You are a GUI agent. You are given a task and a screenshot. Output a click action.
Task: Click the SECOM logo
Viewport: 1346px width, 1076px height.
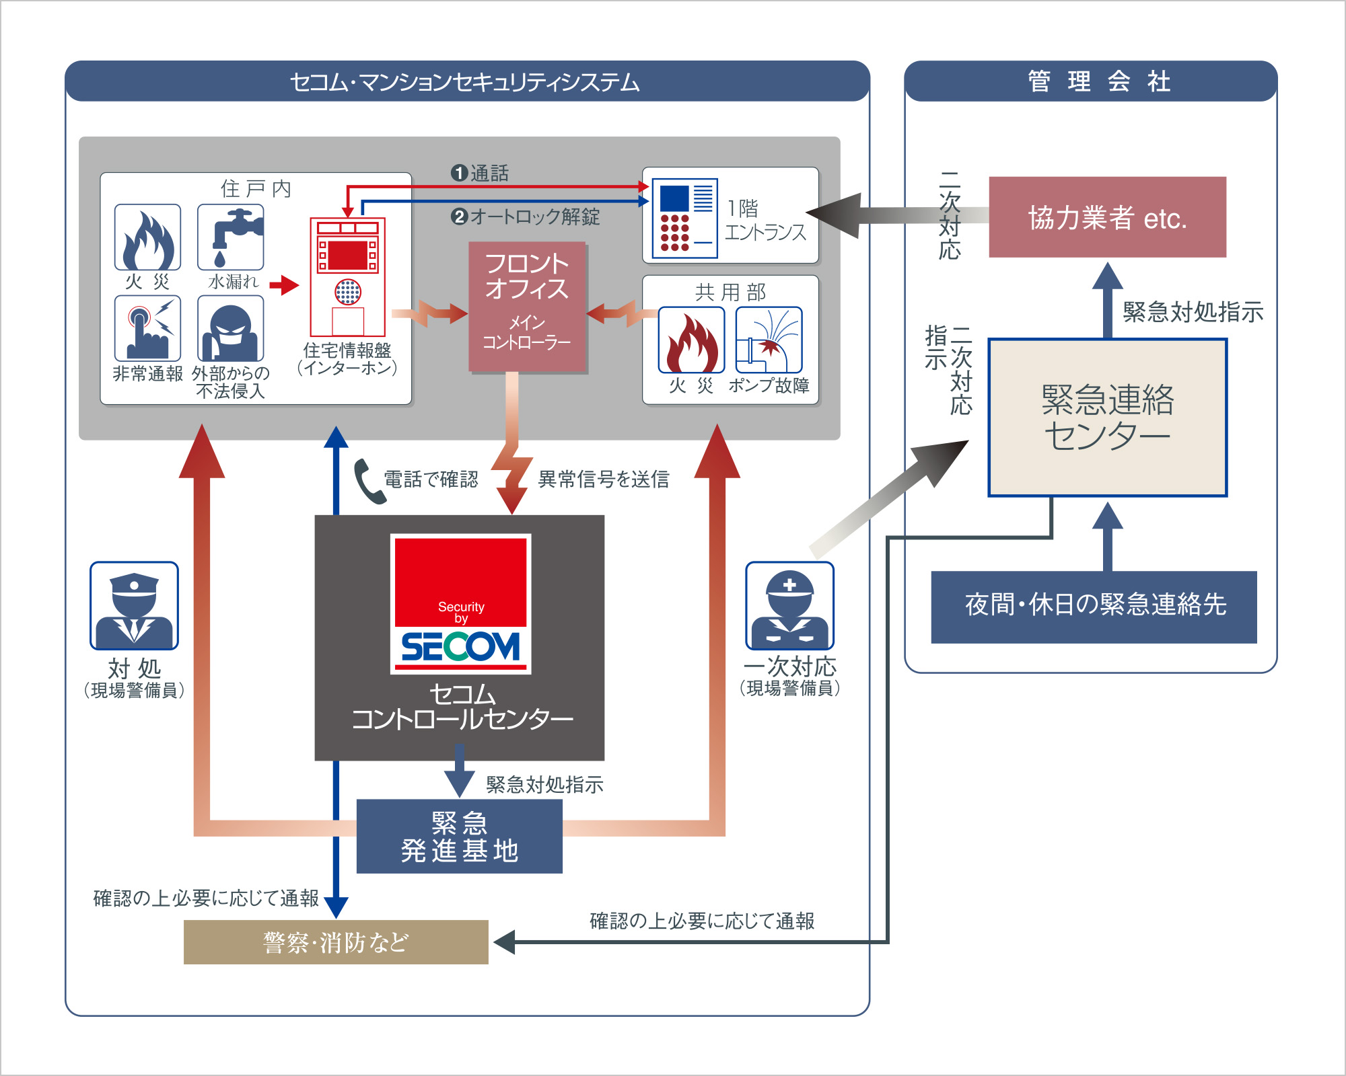click(461, 604)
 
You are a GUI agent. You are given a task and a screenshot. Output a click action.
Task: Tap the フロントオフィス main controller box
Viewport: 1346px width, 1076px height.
click(527, 307)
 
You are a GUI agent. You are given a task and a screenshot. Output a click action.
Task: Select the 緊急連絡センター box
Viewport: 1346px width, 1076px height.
click(1107, 418)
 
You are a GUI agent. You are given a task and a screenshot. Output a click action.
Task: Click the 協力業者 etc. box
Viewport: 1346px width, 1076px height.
click(1107, 217)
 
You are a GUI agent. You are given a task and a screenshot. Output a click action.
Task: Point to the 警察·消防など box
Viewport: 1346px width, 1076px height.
click(336, 942)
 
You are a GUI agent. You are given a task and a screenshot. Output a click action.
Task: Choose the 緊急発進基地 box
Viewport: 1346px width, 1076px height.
click(459, 837)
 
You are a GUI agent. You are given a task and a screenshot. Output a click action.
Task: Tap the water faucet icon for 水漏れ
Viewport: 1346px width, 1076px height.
click(231, 237)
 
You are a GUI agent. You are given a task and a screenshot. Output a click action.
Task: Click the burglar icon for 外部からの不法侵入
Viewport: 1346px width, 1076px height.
click(231, 329)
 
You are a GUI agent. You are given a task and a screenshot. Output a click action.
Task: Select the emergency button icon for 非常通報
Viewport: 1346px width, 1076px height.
click(147, 329)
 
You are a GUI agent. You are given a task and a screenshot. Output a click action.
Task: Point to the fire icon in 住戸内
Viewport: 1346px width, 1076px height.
click(147, 237)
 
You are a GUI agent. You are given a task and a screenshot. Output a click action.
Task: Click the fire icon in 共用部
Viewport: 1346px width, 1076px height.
click(691, 340)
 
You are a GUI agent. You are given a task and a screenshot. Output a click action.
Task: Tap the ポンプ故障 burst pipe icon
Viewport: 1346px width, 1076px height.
click(769, 340)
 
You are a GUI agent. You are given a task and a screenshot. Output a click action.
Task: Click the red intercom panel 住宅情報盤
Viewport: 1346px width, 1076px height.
click(347, 276)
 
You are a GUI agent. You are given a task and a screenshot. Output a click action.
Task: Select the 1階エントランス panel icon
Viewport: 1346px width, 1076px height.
click(684, 218)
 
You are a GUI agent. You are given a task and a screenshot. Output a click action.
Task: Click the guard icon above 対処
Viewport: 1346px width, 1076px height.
click(135, 606)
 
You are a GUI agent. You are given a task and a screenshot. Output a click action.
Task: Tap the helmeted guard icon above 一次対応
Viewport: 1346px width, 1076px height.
click(789, 606)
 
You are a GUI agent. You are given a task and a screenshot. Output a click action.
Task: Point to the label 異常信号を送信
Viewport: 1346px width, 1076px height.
click(604, 479)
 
